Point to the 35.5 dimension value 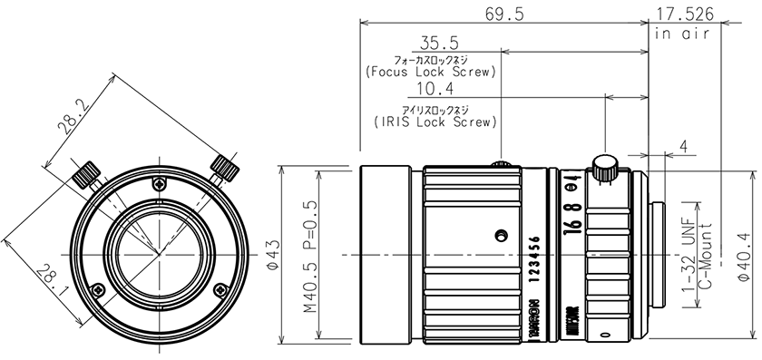[439, 43]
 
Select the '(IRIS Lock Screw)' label [435, 120]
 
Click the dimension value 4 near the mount [682, 145]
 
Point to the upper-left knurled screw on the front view [89, 172]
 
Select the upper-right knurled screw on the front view [223, 167]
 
